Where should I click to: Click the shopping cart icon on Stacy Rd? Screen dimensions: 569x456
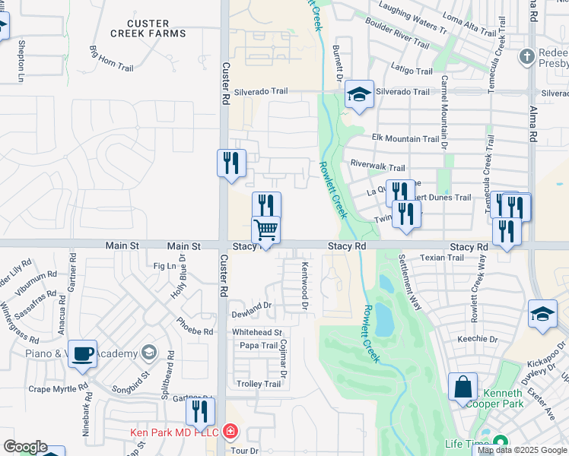pos(265,230)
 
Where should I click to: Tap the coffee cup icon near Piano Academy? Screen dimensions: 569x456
pos(82,353)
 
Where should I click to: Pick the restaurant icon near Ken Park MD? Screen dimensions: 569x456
pos(199,412)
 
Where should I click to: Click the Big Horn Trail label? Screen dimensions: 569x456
pos(111,59)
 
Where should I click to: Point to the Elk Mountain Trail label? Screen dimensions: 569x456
pos(405,139)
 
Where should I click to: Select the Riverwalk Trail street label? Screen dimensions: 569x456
pos(377,165)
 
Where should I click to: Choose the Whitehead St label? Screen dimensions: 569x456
pos(257,333)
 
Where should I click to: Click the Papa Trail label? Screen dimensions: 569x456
pos(259,346)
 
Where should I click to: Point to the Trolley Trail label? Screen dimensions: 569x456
pos(259,384)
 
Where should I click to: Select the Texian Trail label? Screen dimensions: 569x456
pos(442,258)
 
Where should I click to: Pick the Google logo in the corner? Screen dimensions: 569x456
pos(24,447)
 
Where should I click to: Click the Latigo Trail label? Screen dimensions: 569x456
pos(412,71)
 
